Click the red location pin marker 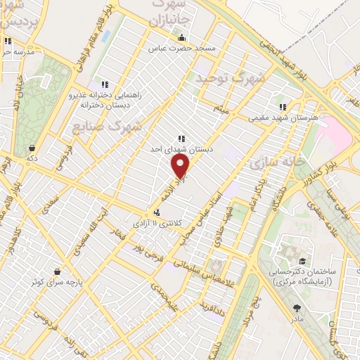[x=181, y=166]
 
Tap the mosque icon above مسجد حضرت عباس [x=182, y=38]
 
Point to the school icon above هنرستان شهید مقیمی [x=281, y=107]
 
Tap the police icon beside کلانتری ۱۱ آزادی [x=156, y=212]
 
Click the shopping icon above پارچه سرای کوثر [x=56, y=271]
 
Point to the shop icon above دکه [x=32, y=148]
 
